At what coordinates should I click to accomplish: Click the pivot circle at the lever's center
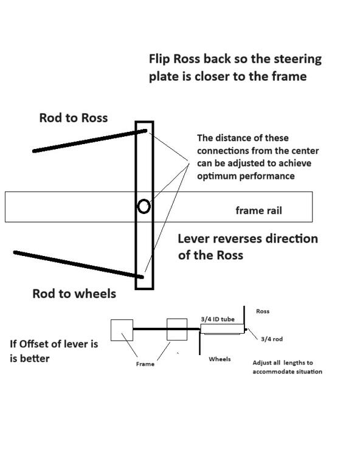click(144, 207)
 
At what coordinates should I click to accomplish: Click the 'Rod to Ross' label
click(73, 118)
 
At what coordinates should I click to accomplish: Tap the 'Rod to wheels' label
click(74, 294)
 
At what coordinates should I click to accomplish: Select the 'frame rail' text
click(258, 211)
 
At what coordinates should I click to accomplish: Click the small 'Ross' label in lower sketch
click(263, 311)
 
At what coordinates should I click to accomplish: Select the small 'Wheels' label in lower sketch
click(220, 359)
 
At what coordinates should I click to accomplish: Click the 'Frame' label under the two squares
click(145, 364)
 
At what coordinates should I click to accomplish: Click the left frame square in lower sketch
click(122, 330)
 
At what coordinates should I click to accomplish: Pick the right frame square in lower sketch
click(177, 330)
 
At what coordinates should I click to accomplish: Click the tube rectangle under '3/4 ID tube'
click(221, 328)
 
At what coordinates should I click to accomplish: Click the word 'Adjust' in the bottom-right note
click(263, 362)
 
